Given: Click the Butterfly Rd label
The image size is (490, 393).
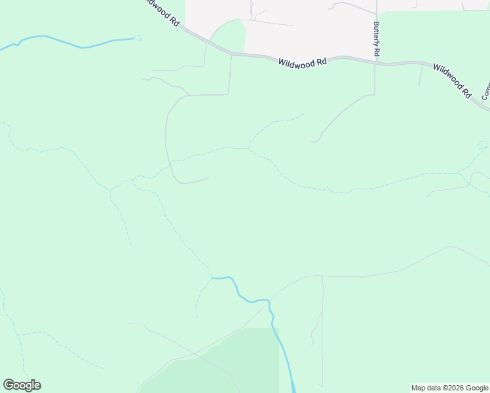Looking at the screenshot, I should pyautogui.click(x=377, y=39).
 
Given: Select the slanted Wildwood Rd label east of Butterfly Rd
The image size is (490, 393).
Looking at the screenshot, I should pyautogui.click(x=452, y=80).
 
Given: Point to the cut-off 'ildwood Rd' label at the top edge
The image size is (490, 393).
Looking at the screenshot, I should pyautogui.click(x=160, y=12).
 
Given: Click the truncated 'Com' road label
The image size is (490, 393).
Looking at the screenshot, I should pyautogui.click(x=485, y=91).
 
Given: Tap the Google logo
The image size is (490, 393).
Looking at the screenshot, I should pyautogui.click(x=22, y=385).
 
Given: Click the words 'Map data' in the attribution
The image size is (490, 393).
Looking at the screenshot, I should pyautogui.click(x=426, y=388).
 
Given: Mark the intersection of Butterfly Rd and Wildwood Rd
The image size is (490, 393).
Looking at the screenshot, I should pyautogui.click(x=375, y=63).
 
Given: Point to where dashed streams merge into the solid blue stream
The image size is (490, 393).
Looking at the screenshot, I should pyautogui.click(x=212, y=278).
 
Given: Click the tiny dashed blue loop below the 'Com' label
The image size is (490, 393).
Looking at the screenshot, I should pyautogui.click(x=482, y=144).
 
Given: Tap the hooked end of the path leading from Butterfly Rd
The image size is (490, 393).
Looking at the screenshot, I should pyautogui.click(x=314, y=140).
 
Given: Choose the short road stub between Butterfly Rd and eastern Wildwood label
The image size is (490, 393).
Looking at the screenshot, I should pyautogui.click(x=421, y=75).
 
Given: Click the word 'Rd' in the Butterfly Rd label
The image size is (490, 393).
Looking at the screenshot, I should pyautogui.click(x=377, y=52).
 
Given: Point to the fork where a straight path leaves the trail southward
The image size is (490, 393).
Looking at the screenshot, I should pyautogui.click(x=322, y=276).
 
